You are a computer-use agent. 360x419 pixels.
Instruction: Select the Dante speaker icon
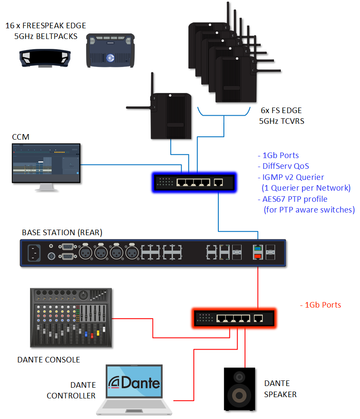tap(239, 388)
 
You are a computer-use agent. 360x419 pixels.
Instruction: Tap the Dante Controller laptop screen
tap(134, 383)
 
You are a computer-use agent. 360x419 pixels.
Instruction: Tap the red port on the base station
tap(258, 256)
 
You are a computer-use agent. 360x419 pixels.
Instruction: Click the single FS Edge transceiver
tap(171, 116)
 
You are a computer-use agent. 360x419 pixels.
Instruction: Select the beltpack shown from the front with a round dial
tap(111, 51)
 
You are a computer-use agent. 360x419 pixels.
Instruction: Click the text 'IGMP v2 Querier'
tap(291, 177)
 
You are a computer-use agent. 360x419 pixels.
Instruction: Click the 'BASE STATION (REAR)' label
tap(62, 233)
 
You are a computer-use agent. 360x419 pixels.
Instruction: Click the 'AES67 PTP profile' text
tap(293, 199)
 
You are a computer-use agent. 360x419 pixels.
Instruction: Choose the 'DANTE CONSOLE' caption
tap(48, 359)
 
